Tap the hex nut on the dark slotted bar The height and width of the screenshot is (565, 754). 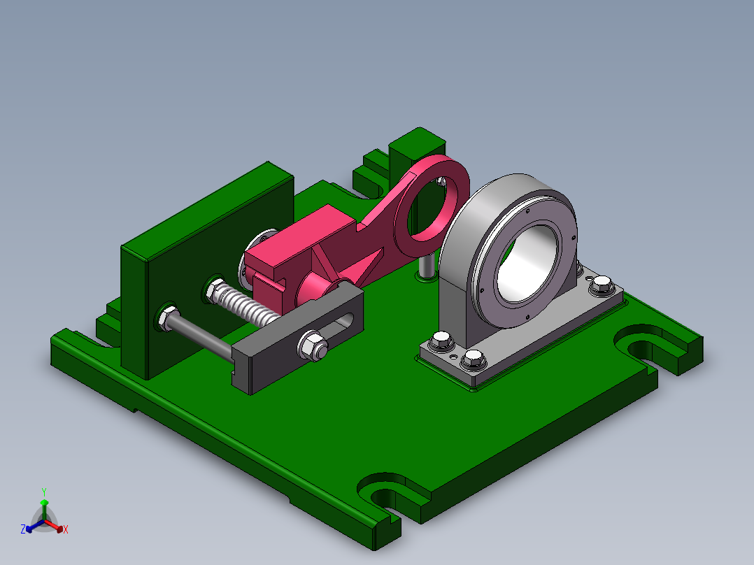coord(313,345)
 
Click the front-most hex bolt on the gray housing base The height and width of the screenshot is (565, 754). coord(474,360)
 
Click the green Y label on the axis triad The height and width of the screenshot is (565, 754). coord(43,492)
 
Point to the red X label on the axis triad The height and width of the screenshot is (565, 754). coord(66,530)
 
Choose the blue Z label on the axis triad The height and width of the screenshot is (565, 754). coord(22,529)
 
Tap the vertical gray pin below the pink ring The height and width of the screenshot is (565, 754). coord(425,266)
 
